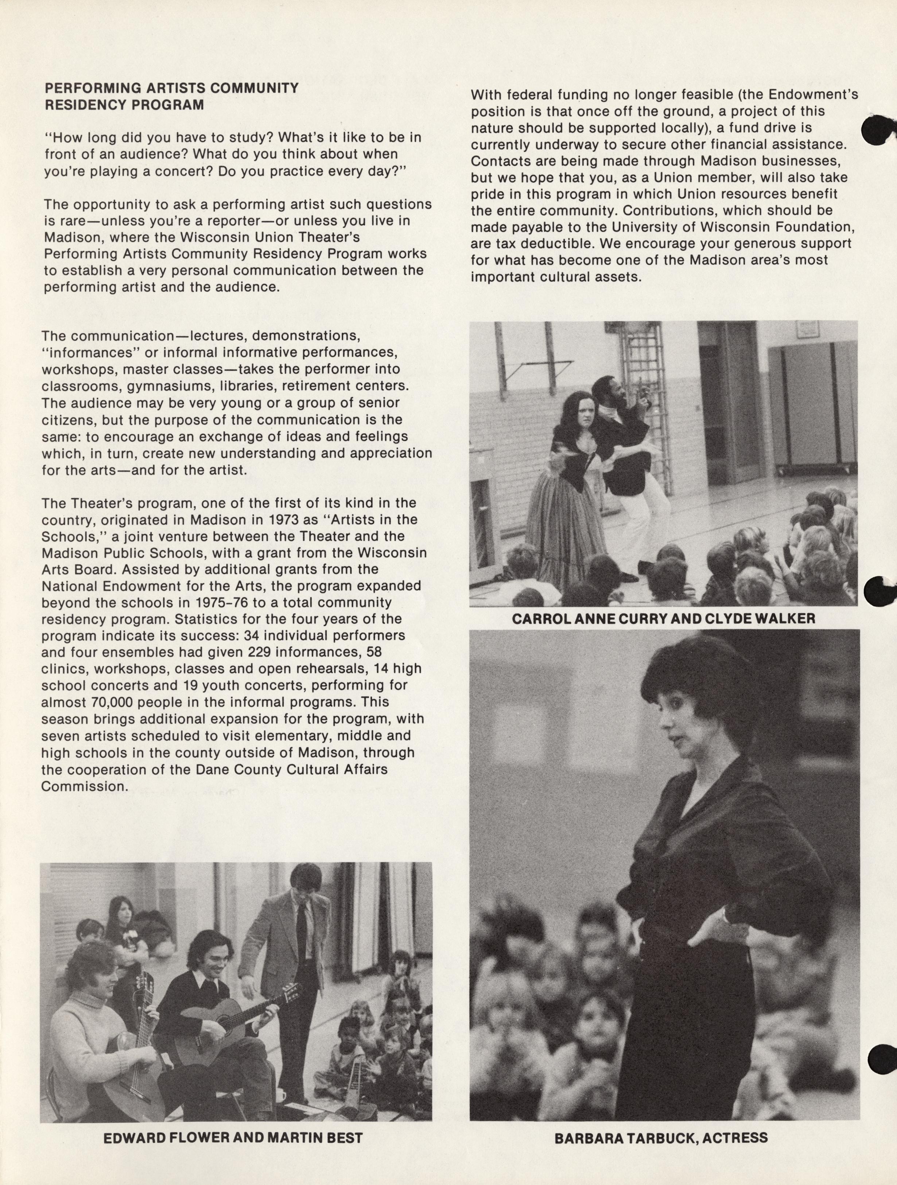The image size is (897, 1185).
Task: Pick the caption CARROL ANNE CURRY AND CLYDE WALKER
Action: coord(663,619)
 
